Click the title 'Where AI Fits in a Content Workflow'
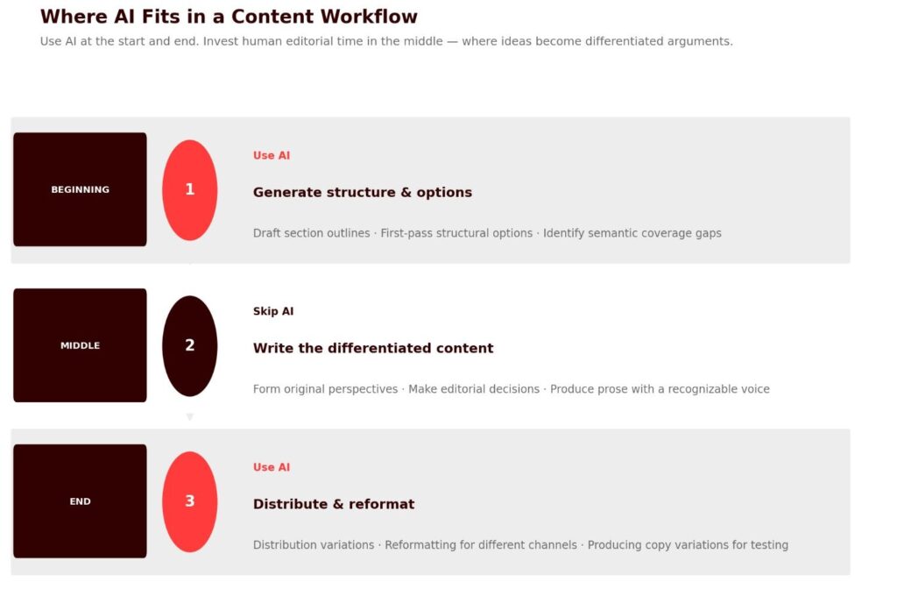coord(229,17)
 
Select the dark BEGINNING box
coord(80,189)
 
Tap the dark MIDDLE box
coord(80,345)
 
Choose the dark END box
coord(80,500)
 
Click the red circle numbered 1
coord(190,190)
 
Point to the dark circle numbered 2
coord(190,345)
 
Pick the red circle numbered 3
coord(190,501)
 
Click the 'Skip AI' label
coord(273,311)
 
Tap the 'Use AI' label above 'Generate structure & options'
coord(272,156)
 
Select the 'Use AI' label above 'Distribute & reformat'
coord(272,467)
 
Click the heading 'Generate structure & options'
coord(362,192)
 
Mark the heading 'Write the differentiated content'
coord(373,348)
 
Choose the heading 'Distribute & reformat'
coord(334,504)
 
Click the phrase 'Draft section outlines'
coord(311,233)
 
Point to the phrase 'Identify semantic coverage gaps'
coord(632,233)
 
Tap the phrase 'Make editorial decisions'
coord(474,389)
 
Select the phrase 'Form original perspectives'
coord(325,389)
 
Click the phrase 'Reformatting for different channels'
coord(481,545)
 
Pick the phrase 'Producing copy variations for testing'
coord(688,545)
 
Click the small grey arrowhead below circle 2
coord(190,416)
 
